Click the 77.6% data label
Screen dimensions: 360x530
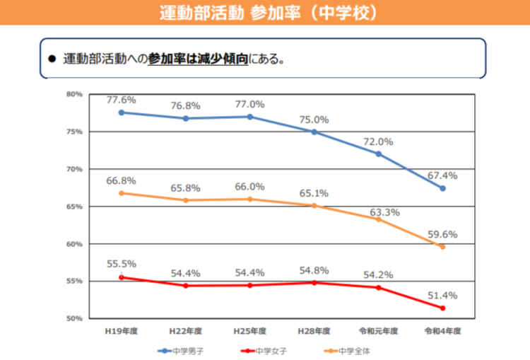[121, 100]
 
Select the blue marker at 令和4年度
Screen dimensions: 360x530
[442, 188]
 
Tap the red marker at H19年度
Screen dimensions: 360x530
[121, 277]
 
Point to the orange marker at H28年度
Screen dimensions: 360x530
[314, 206]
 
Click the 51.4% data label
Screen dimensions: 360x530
[442, 295]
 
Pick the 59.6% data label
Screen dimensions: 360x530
[442, 234]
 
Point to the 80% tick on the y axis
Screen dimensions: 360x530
[75, 94]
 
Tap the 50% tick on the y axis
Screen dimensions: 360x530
[75, 318]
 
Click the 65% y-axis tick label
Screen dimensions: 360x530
[75, 207]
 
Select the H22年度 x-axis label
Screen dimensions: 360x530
[185, 331]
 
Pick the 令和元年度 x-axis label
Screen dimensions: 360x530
[378, 331]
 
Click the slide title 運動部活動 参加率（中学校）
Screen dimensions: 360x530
[264, 13]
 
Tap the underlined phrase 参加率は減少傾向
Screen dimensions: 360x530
[197, 59]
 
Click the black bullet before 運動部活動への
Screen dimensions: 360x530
[51, 59]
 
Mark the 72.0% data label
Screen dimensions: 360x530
[378, 141]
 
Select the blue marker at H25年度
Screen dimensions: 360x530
[249, 117]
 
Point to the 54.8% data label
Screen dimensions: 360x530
[314, 270]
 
